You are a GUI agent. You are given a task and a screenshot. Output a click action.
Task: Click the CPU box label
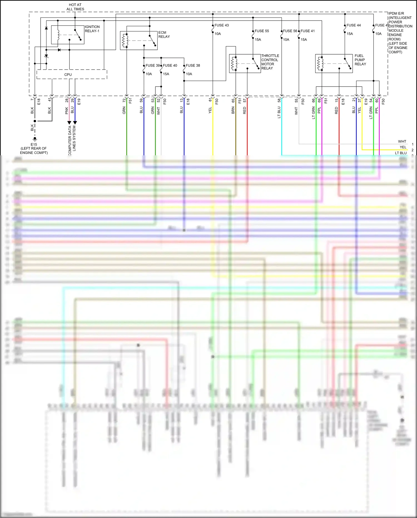pyautogui.click(x=68, y=75)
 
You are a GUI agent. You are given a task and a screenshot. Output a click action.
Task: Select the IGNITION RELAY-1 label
pyautogui.click(x=92, y=29)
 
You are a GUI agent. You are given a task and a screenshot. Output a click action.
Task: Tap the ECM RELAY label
pyautogui.click(x=164, y=35)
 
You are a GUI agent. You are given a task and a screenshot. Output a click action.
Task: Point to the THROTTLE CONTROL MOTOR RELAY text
pyautogui.click(x=270, y=62)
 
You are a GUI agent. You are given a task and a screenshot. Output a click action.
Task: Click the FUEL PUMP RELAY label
pyautogui.click(x=360, y=60)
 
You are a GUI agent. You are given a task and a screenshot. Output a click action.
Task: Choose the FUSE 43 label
pyautogui.click(x=222, y=25)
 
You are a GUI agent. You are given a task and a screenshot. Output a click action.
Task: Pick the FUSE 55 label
pyautogui.click(x=262, y=31)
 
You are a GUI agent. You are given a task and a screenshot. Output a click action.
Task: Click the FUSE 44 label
pyautogui.click(x=353, y=25)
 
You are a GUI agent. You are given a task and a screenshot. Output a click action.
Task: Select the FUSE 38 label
pyautogui.click(x=193, y=66)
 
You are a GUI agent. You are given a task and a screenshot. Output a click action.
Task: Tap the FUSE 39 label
pyautogui.click(x=153, y=66)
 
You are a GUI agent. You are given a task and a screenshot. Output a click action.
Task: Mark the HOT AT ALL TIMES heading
pyautogui.click(x=75, y=7)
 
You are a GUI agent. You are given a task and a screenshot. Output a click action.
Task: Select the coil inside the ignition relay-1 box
pyautogui.click(x=58, y=35)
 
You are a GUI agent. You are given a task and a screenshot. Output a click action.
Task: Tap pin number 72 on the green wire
pyautogui.click(x=124, y=100)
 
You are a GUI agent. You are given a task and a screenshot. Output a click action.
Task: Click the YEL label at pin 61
pyautogui.click(x=210, y=110)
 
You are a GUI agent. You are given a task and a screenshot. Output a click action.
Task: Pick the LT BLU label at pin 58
pyautogui.click(x=279, y=112)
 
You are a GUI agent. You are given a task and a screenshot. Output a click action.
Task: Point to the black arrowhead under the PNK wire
pyautogui.click(x=69, y=123)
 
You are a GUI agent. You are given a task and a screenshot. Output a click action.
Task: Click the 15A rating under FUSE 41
pyautogui.click(x=304, y=40)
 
